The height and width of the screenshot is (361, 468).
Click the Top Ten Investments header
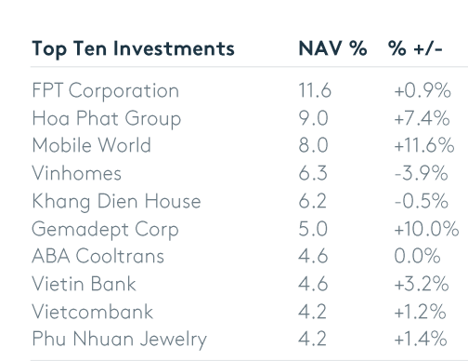coord(133,49)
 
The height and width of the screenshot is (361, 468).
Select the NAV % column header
coord(332,48)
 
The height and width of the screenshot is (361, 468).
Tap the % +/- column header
coord(415,48)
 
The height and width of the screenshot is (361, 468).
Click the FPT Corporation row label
coord(106,91)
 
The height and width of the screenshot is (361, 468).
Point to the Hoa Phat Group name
coord(107,119)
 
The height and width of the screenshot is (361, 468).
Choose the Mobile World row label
coord(92,145)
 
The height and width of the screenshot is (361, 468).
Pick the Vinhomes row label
coord(77,173)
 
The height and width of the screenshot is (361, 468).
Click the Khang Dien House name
coord(116,201)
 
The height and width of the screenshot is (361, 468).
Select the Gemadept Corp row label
coord(105,230)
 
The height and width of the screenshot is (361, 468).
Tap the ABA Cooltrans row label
coord(98,256)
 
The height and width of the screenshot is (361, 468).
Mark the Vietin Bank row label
coord(84,284)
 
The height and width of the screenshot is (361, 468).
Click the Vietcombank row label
coord(93,311)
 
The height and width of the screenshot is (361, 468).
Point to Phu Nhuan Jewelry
coord(120,340)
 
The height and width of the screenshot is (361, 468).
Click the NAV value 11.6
coord(315,90)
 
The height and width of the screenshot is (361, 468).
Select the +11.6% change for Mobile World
coord(424,145)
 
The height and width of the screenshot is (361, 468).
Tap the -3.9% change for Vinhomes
coord(422,173)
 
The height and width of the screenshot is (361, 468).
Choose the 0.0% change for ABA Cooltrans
coord(417,256)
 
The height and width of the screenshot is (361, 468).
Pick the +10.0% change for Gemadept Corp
coord(426,229)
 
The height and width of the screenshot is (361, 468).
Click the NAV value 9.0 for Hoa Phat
coord(313,118)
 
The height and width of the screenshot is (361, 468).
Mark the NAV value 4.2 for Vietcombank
coord(312,311)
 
